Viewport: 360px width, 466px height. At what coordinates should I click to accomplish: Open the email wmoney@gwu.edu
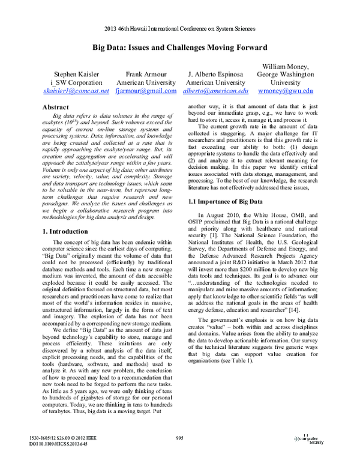(x=285, y=91)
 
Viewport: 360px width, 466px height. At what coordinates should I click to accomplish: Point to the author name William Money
(x=285, y=65)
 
